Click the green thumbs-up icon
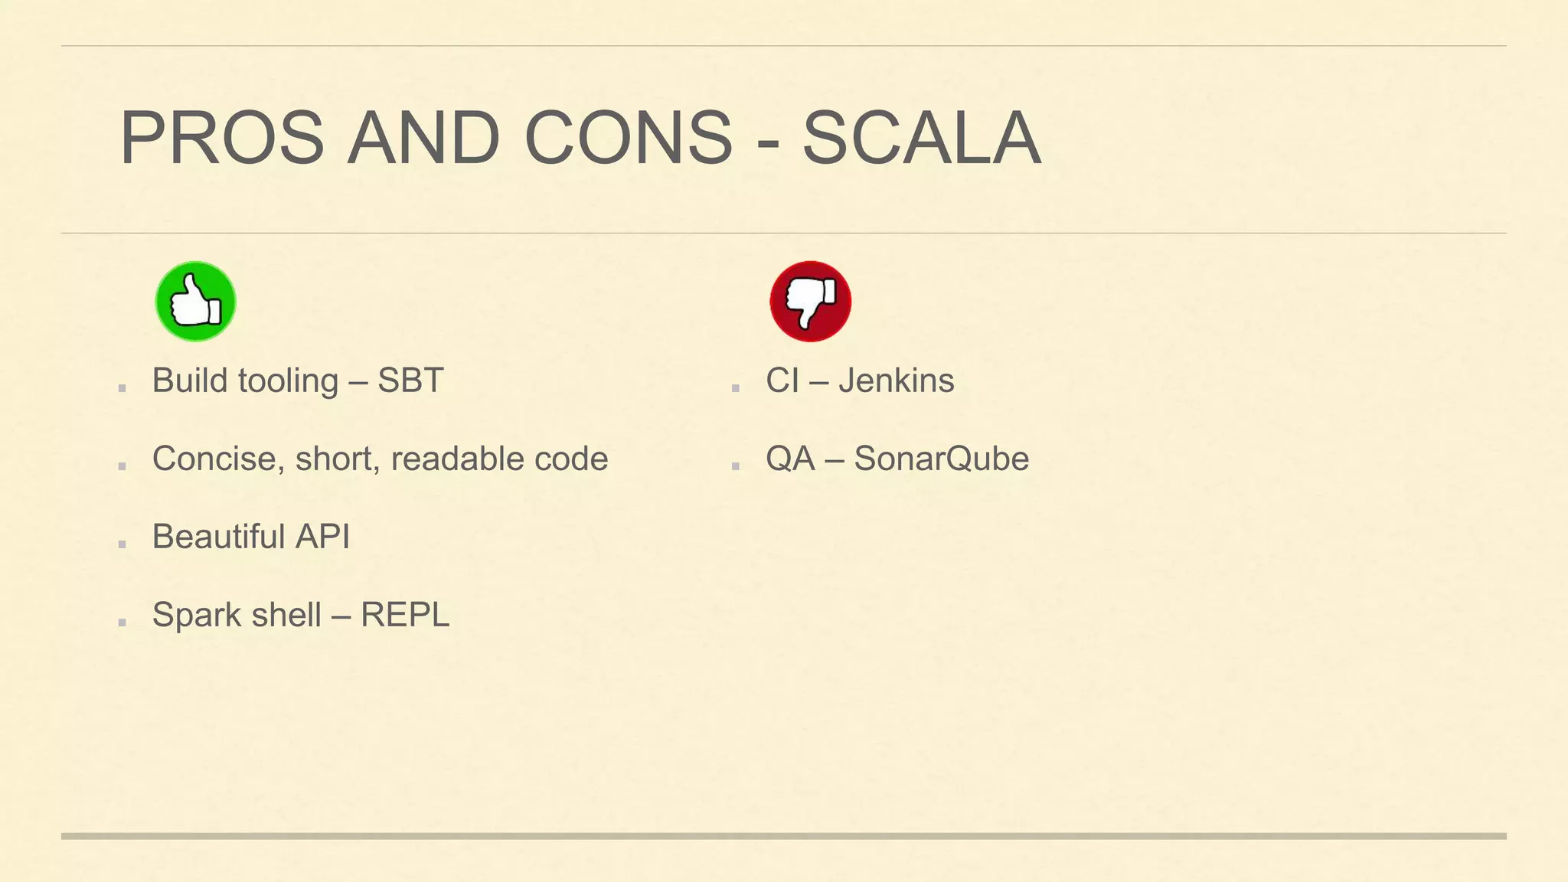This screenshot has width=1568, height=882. coord(195,301)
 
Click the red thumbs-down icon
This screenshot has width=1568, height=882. coord(810,301)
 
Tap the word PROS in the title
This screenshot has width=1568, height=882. coord(222,139)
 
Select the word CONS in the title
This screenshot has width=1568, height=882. coord(629,139)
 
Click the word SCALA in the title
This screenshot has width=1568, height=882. coord(921,139)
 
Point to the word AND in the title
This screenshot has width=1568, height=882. coord(423,139)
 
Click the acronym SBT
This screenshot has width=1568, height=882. coord(410,381)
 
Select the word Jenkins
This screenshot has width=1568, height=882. coord(896,381)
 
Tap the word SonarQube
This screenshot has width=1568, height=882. coord(941,459)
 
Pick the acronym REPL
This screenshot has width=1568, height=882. coord(404,615)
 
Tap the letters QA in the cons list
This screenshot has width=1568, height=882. coord(790,459)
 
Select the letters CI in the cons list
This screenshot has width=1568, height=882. coord(782,381)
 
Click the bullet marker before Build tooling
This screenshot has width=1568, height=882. coord(122,388)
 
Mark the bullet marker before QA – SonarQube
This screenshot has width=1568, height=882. coord(735,466)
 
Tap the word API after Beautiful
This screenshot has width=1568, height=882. coord(322,537)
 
